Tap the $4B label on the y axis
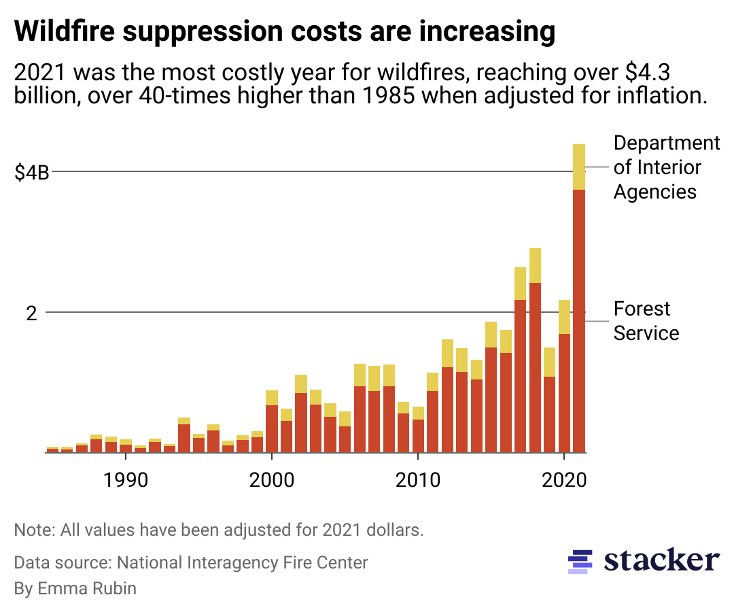32,172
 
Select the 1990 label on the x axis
125,479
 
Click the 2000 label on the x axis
271,479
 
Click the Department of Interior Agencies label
666,167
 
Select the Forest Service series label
646,321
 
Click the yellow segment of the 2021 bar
578,167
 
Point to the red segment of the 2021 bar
578,320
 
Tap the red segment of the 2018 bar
535,367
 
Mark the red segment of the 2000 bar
271,428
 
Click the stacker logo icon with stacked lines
577,561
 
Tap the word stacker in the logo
661,560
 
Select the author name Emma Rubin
75,588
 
